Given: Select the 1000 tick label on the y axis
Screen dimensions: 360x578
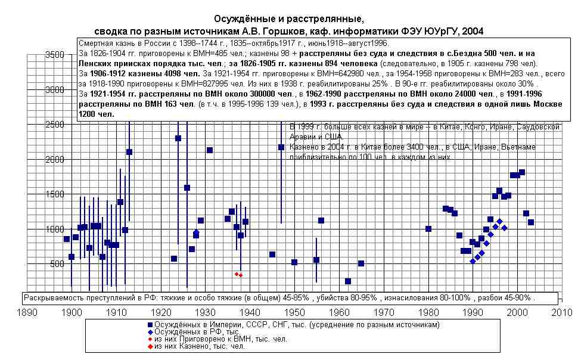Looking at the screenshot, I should click(x=54, y=229).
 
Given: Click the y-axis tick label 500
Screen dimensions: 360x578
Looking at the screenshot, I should click(x=57, y=263).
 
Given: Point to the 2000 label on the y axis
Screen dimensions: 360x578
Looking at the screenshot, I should click(x=54, y=159).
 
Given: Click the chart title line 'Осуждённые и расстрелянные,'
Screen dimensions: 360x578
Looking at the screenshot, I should click(x=288, y=20).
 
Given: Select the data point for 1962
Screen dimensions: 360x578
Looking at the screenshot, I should click(x=348, y=281).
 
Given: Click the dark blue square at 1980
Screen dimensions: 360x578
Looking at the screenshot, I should click(x=428, y=229).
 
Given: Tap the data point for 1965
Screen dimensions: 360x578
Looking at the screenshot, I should click(x=361, y=263).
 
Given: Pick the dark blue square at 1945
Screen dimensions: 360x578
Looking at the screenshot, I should click(x=272, y=255).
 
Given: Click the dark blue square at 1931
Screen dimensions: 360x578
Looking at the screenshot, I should click(x=210, y=150).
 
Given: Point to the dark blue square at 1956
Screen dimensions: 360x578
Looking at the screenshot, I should click(x=321, y=221).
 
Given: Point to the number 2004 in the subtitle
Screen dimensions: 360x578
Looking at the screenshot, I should click(x=472, y=31).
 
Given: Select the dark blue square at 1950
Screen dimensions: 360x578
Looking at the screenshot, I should click(x=294, y=262).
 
